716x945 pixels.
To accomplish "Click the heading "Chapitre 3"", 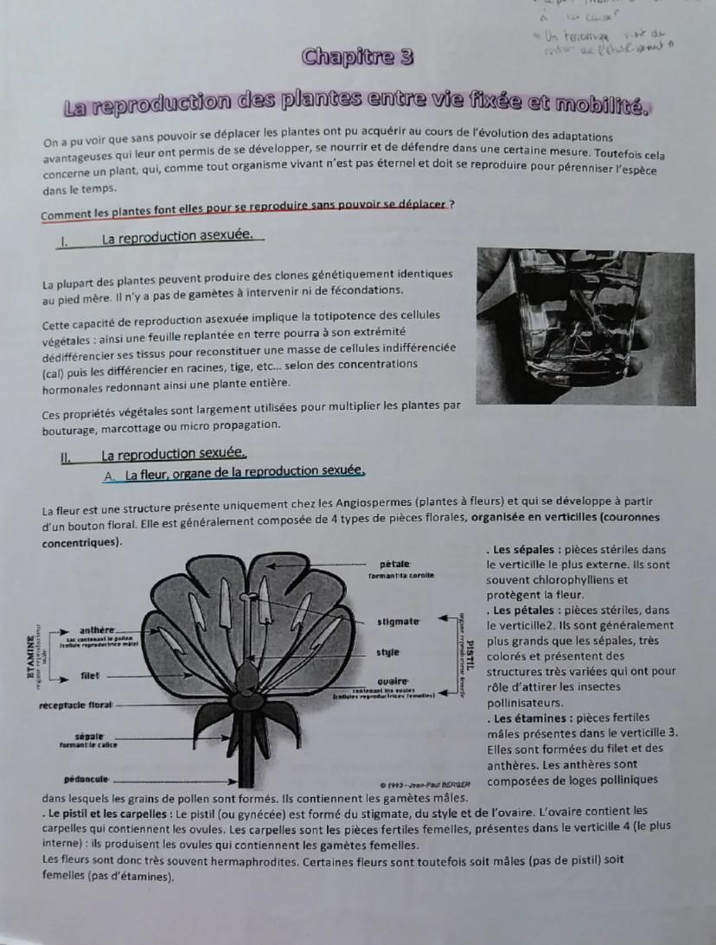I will (357, 58).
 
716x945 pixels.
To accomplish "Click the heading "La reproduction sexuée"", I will (174, 455).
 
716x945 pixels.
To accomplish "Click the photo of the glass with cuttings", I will (585, 328).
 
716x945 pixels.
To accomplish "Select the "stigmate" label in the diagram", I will (399, 621).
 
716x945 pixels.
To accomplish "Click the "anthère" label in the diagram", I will (97, 629).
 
